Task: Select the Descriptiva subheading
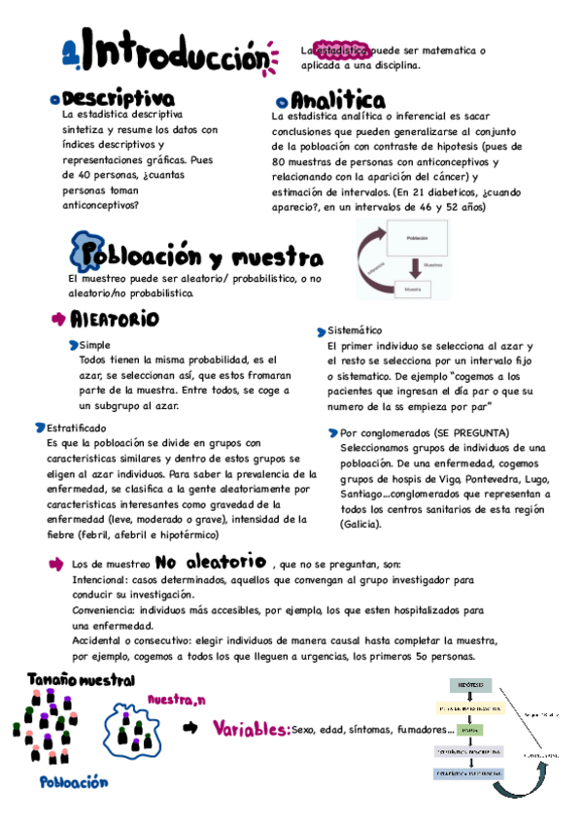(117, 99)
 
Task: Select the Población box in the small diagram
(417, 237)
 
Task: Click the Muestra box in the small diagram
(413, 289)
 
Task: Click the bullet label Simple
(95, 345)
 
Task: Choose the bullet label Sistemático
(355, 329)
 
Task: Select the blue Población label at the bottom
(74, 782)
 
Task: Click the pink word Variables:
(251, 730)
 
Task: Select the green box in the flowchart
(469, 728)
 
